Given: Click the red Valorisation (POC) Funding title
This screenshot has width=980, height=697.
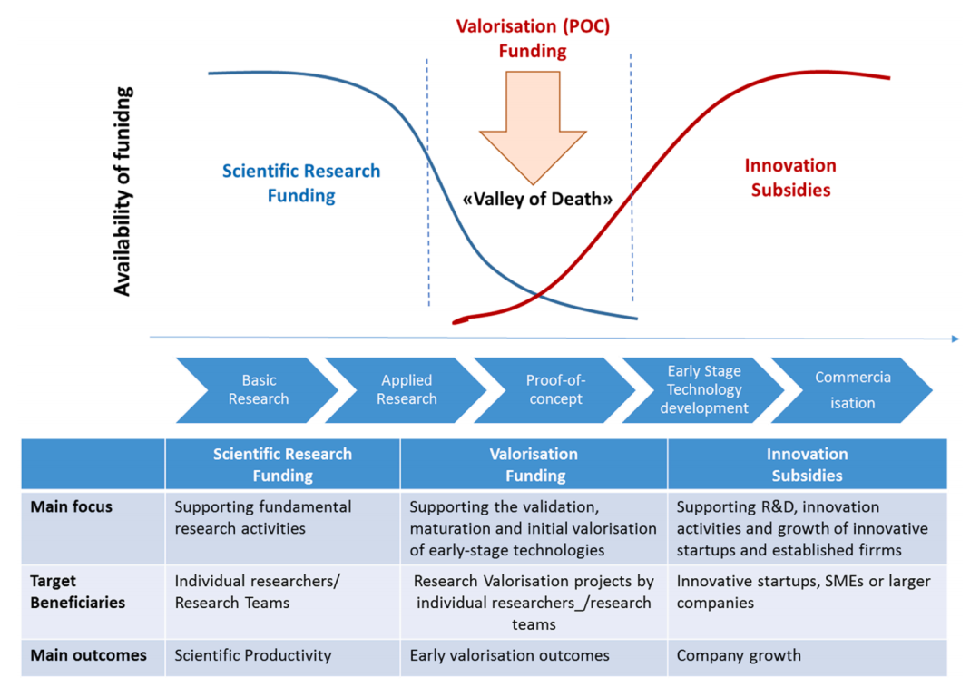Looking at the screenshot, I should pyautogui.click(x=533, y=39).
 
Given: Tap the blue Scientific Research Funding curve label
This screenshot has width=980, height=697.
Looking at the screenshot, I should pyautogui.click(x=301, y=183).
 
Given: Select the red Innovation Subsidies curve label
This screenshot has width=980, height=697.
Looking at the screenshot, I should pyautogui.click(x=790, y=178).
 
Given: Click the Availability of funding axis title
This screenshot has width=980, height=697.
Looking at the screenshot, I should pyautogui.click(x=123, y=191).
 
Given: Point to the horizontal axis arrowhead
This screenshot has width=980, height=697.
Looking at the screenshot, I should pyautogui.click(x=954, y=339).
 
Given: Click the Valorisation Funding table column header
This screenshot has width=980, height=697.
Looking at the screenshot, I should pyautogui.click(x=534, y=465).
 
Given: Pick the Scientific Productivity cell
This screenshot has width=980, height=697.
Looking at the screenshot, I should pyautogui.click(x=253, y=655).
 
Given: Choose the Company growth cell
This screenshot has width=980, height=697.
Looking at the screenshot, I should pyautogui.click(x=739, y=655).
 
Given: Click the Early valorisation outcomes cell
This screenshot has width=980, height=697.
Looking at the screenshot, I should pyautogui.click(x=510, y=655).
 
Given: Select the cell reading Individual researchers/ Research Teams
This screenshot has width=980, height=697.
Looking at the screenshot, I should pyautogui.click(x=257, y=591).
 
